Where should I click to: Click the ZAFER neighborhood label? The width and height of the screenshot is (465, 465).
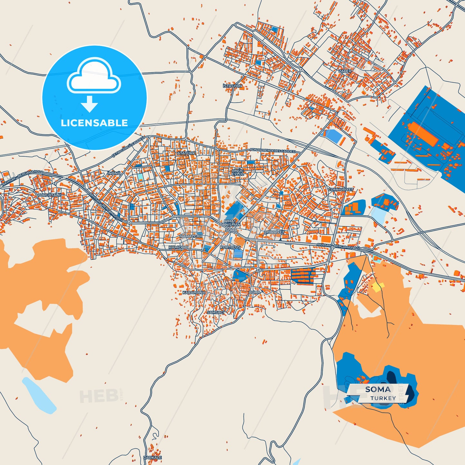345,71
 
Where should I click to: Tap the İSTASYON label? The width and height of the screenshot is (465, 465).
232,86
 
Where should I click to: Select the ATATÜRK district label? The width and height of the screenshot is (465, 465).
186,153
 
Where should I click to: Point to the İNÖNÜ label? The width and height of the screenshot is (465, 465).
114,173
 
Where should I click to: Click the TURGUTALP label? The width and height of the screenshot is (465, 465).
49,195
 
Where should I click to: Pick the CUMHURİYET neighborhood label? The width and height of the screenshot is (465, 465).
341,190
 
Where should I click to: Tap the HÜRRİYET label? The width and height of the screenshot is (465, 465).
275,232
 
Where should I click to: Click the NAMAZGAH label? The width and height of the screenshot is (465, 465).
191,236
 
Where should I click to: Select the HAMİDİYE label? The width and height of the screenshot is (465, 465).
179,247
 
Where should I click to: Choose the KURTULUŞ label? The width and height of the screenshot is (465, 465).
230,247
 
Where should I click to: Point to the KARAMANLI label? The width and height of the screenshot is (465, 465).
194,293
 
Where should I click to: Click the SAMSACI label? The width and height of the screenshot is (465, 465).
215,312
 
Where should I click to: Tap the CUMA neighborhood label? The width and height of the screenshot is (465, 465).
255,293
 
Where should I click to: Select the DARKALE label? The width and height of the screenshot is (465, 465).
153,457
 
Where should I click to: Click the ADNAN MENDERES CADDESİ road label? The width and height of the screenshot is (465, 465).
273,151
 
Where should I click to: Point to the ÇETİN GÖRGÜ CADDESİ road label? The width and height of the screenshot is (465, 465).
128,147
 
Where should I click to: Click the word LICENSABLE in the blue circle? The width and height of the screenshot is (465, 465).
94,123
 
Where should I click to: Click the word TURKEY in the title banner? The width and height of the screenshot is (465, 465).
383,398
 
